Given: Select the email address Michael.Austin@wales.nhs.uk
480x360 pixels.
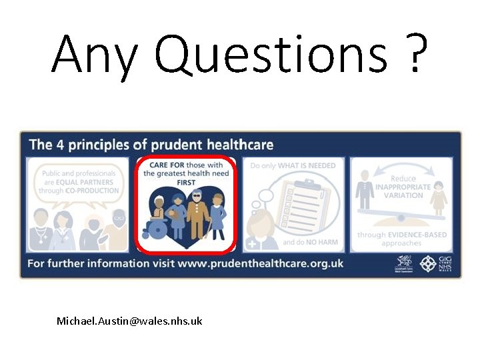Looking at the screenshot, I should click(129, 321).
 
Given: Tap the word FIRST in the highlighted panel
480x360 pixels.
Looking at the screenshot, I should click(185, 182).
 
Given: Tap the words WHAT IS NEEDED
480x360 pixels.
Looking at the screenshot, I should click(307, 164).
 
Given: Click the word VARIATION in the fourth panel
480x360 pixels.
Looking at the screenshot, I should click(403, 195).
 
